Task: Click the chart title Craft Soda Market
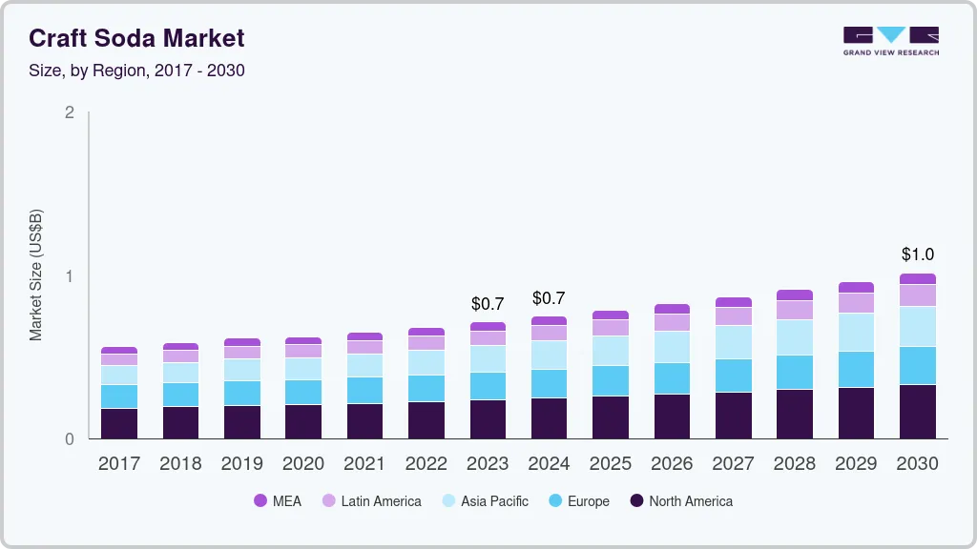coord(136,38)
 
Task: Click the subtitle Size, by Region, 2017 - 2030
coord(136,71)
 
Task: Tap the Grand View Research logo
coord(890,40)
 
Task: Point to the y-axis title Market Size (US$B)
coord(35,274)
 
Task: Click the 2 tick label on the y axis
coord(69,112)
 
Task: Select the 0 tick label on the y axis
coord(69,439)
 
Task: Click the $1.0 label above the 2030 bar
coord(917,254)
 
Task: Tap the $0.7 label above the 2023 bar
coord(488,304)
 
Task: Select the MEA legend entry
coord(277,500)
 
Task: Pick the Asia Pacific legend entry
coord(484,500)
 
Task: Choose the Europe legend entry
coord(577,500)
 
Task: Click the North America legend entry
coord(680,500)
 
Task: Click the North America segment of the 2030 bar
coord(917,412)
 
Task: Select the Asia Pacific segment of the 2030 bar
coord(917,326)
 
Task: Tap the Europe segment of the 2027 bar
coord(733,376)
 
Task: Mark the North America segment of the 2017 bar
coord(119,423)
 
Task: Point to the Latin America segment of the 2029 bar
coord(856,303)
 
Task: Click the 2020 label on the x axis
coord(303,464)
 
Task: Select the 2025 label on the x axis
coord(611,464)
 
